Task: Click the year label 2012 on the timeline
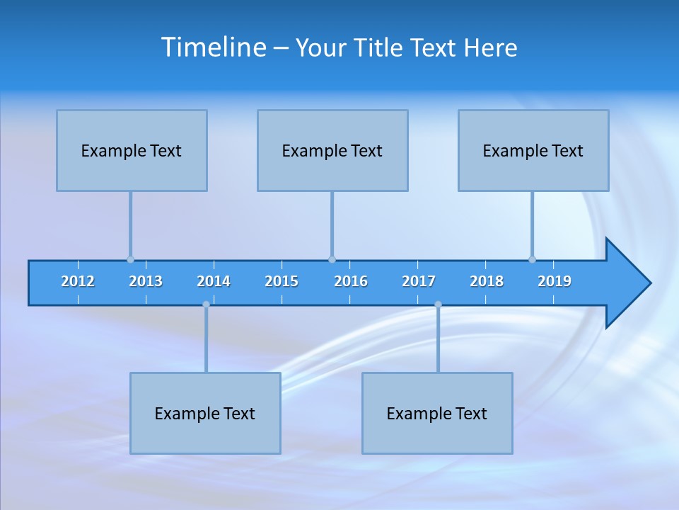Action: pos(78,281)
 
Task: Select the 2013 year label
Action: pos(146,281)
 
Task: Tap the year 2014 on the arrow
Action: pos(214,281)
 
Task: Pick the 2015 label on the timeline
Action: pos(282,281)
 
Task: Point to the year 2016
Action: pos(351,281)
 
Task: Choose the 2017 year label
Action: pos(419,281)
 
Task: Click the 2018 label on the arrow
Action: pos(487,281)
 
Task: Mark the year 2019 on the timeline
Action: pos(555,281)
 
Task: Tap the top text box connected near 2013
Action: pos(132,150)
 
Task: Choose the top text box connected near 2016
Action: pos(332,150)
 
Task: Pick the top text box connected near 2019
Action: pos(533,150)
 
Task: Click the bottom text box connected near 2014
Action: pos(205,413)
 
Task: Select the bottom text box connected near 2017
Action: pos(437,413)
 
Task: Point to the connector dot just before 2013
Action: pos(130,259)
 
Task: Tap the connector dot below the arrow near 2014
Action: pos(206,305)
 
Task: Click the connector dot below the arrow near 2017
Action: pos(438,305)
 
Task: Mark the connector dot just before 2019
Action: pos(532,259)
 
